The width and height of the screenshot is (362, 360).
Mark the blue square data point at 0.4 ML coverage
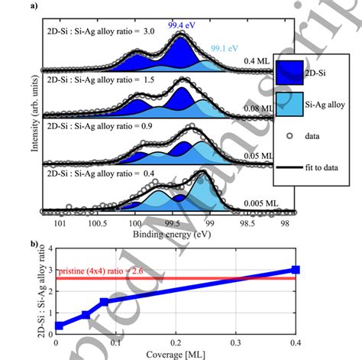(296, 270)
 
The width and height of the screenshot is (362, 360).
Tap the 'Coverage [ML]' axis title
(176, 354)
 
